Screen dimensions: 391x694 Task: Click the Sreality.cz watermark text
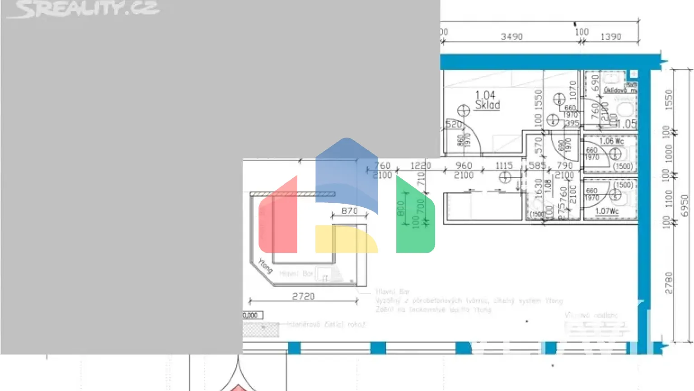[x=84, y=9]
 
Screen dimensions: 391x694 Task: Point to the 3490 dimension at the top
[x=511, y=37]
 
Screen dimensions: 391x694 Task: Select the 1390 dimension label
[x=611, y=37]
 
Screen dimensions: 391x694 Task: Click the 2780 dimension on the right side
[x=669, y=283]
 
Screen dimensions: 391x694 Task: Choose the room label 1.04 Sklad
[x=487, y=100]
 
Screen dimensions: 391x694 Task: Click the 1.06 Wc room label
[x=611, y=141]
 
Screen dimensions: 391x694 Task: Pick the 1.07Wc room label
[x=606, y=211]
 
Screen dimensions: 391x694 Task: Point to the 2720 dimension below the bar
[x=303, y=296]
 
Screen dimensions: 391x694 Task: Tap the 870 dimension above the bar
[x=349, y=211]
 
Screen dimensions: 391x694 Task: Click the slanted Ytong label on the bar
[x=265, y=266]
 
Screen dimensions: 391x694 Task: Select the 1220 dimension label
[x=420, y=166]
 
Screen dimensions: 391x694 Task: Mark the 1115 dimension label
[x=504, y=166]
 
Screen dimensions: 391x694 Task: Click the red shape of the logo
[x=278, y=217]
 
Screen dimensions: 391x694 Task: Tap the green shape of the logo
[x=415, y=217]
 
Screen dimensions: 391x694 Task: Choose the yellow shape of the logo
[x=346, y=239]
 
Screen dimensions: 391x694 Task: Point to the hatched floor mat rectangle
[x=261, y=329]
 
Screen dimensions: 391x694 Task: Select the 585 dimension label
[x=537, y=166]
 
